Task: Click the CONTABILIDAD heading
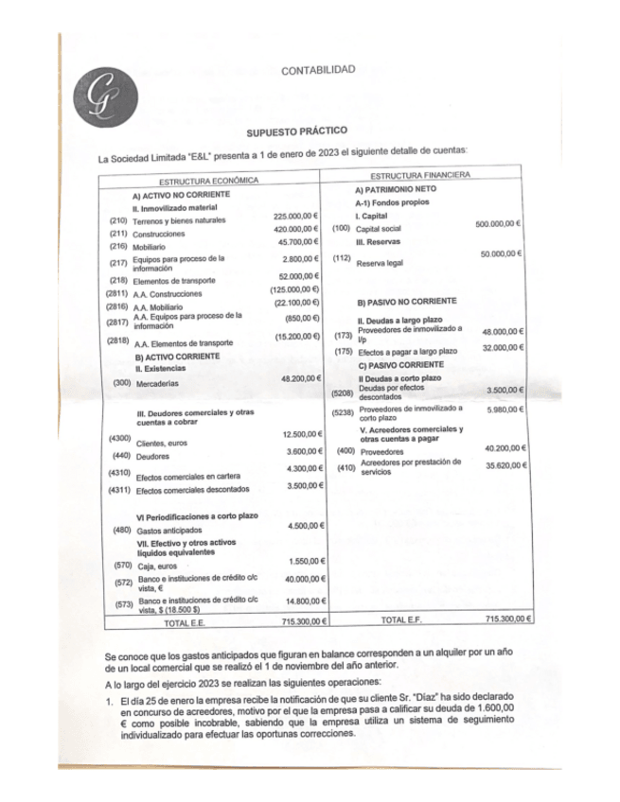(318, 70)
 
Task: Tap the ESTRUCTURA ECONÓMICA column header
(209, 179)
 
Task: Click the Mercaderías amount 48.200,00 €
(303, 378)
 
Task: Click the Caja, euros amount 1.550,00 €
(307, 561)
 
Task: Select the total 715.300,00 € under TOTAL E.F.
(508, 618)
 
